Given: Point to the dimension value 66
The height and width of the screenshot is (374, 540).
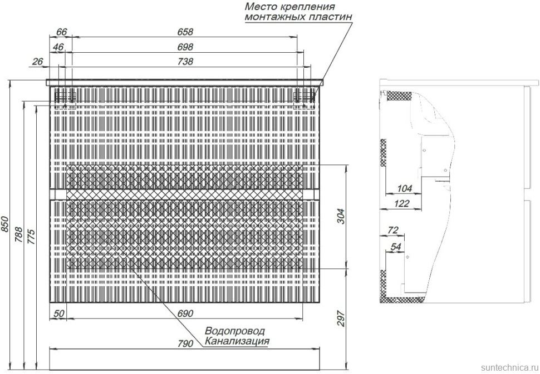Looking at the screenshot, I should coord(62,32).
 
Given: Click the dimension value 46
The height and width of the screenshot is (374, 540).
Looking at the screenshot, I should coord(58,47).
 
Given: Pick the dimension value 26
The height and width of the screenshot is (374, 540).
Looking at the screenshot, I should coord(38,62).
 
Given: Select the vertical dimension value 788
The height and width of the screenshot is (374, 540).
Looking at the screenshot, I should coord(19,233).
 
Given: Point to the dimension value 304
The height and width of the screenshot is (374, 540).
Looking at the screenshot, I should coord(341,216).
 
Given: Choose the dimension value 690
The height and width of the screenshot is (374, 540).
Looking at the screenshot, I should coord(185,314).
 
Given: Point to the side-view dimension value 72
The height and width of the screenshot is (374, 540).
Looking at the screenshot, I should coord(393,230).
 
